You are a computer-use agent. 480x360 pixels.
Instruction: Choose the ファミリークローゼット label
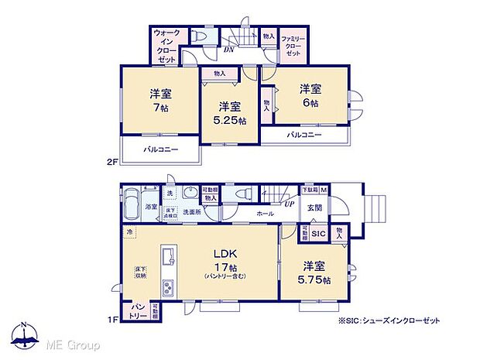tap(293, 48)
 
